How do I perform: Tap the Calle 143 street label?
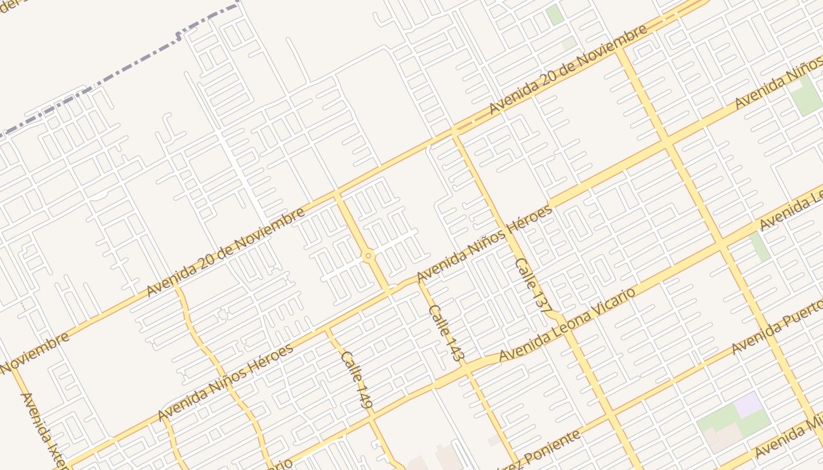447,332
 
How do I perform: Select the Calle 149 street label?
357,380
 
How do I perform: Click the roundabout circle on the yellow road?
369,256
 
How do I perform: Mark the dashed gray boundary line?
118,76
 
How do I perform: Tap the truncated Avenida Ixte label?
44,429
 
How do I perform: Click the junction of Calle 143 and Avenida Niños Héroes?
419,281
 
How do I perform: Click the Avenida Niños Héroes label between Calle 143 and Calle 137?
484,244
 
